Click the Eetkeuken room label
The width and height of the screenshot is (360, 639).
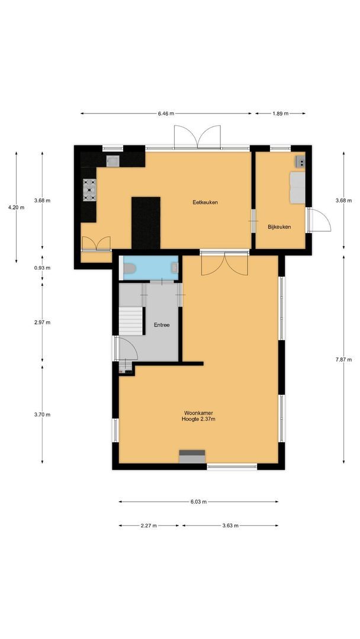205,202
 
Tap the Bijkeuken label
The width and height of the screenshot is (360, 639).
279,227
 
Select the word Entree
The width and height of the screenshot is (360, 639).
162,325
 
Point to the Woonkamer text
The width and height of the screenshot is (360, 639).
198,412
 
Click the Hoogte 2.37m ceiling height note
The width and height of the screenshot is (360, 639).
198,419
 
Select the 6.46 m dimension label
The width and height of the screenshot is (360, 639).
166,114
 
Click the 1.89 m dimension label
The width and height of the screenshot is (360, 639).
280,114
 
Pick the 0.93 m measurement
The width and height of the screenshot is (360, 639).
43,268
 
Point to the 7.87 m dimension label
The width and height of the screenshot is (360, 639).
344,359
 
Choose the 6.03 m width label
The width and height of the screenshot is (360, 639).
198,502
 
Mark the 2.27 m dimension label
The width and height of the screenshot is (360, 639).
149,525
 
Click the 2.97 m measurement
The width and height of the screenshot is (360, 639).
43,322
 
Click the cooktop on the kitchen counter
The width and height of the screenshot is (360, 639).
90,190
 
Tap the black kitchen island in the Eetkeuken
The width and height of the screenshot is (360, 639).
146,223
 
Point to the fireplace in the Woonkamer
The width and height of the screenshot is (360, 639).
192,456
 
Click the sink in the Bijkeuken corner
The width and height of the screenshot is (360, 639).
300,160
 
